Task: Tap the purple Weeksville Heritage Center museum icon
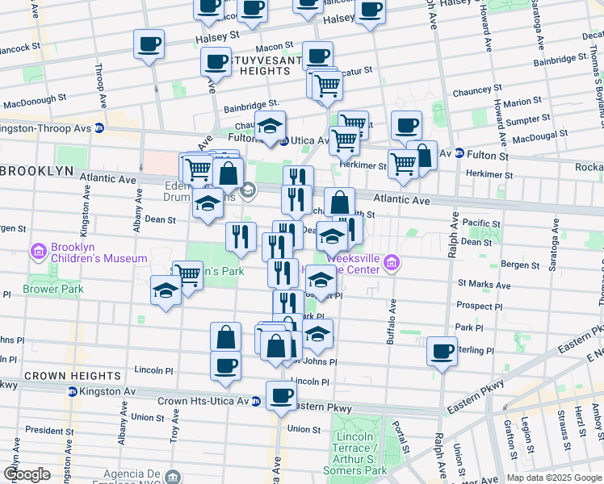pyautogui.click(x=392, y=261)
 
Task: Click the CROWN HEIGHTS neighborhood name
pyautogui.click(x=61, y=376)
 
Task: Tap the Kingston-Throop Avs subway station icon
pyautogui.click(x=99, y=127)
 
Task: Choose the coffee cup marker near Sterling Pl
pyautogui.click(x=442, y=352)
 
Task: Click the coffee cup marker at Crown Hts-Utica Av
pyautogui.click(x=281, y=396)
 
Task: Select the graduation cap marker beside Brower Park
pyautogui.click(x=166, y=290)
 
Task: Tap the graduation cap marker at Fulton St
pyautogui.click(x=270, y=126)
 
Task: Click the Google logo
pyautogui.click(x=27, y=474)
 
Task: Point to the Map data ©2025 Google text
pyautogui.click(x=553, y=478)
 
